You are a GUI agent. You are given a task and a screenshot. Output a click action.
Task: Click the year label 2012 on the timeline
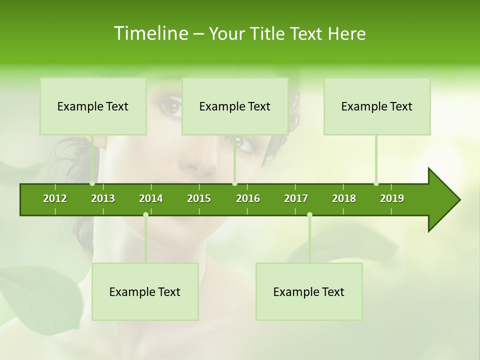[x=55, y=198]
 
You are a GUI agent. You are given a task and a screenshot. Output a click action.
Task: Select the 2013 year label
[x=103, y=198]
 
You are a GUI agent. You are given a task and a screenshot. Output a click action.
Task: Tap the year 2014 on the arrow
[x=151, y=198]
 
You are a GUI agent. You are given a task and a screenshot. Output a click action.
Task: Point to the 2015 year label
[x=199, y=198]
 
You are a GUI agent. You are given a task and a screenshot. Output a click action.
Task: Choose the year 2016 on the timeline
[x=248, y=198]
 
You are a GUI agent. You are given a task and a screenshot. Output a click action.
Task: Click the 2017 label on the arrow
[x=296, y=198]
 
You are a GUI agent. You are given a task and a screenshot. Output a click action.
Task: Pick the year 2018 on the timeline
[x=344, y=198]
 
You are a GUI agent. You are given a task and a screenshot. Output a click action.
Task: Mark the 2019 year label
[x=392, y=198]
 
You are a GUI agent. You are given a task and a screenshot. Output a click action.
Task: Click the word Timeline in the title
[x=150, y=33]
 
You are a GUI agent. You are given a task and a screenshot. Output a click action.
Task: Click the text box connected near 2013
[x=93, y=106]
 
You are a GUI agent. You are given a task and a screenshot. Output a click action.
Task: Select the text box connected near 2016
[x=235, y=106]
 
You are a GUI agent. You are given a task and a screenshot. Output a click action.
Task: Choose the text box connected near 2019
[x=377, y=106]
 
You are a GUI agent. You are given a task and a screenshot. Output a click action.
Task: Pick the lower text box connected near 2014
[x=145, y=291]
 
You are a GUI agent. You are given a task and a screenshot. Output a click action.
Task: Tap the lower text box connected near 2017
[x=309, y=291]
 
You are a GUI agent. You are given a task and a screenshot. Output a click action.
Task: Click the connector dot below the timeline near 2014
[x=145, y=214]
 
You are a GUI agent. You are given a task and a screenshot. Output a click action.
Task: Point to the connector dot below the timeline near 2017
[x=309, y=214]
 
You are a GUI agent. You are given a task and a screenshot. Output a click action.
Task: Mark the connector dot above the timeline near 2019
[x=376, y=183]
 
